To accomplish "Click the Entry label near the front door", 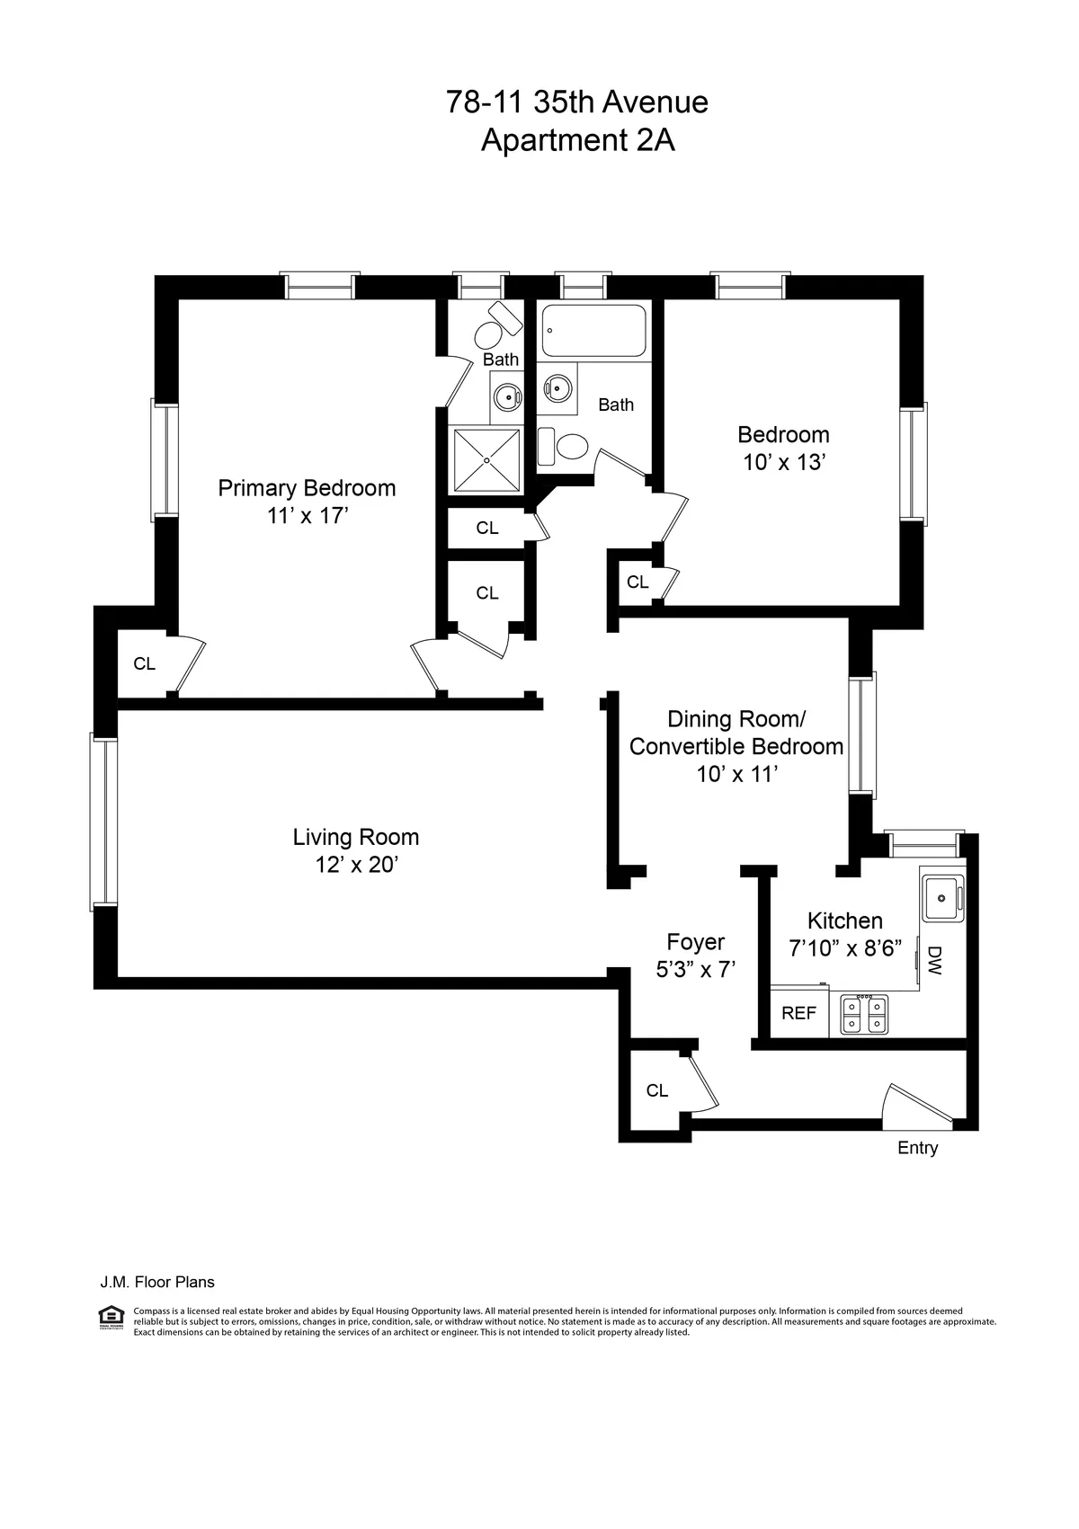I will [917, 1148].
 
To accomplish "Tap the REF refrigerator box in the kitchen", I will [798, 1013].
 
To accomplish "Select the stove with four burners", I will [864, 1016].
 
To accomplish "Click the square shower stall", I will [486, 460].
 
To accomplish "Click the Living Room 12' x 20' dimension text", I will [356, 865].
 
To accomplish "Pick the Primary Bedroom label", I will [307, 488].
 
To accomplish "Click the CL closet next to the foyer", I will [657, 1090].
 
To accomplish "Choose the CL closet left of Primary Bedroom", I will [144, 664].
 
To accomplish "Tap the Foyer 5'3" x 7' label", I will [695, 956].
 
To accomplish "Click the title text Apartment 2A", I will [577, 141].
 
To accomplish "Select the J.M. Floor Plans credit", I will [156, 1283].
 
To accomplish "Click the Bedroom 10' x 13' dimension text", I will [783, 463].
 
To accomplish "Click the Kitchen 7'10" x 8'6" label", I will [844, 934].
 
